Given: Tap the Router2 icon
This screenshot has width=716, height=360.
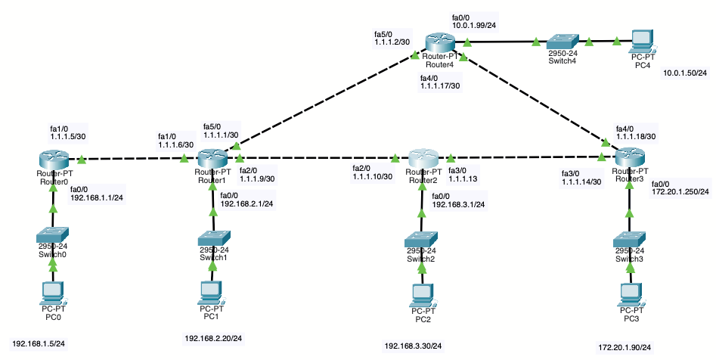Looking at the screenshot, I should pos(423,160).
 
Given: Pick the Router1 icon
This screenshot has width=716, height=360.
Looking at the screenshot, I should pos(212,159).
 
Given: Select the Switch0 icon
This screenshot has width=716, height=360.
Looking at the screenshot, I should pos(53,235).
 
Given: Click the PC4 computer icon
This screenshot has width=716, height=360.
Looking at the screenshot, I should pos(641,39).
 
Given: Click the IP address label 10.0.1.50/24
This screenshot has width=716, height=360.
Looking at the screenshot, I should pos(684,73).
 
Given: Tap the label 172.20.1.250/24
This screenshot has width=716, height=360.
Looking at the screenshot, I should pos(680,191).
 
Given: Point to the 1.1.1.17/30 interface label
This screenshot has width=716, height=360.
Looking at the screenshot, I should pos(440,85).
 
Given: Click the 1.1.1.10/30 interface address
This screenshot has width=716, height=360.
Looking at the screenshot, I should pos(372,176).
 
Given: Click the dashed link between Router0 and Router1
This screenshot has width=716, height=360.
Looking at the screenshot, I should pos(132,160).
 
